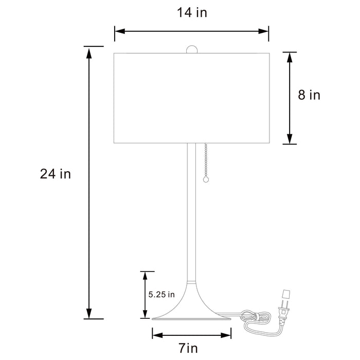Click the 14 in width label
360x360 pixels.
tap(192, 13)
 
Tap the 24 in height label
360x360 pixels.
tap(56, 174)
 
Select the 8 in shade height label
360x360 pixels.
tap(309, 95)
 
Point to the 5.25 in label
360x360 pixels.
tap(161, 295)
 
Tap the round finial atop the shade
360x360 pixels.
tap(191, 49)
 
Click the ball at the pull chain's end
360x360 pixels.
tap(206, 180)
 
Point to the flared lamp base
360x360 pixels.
tap(191, 309)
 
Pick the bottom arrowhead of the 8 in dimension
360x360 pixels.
tap(290, 139)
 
